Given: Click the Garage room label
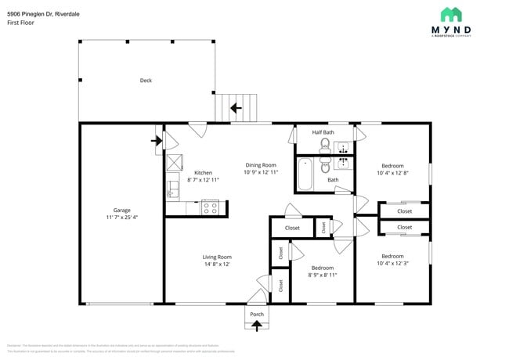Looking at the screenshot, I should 121,210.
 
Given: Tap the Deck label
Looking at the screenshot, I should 146,81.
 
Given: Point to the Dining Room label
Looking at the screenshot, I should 261,165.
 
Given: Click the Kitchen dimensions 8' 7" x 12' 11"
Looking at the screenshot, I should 203,180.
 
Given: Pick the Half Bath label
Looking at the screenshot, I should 323,132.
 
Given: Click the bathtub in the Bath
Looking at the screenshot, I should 305,175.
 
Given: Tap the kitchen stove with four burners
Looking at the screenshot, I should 210,207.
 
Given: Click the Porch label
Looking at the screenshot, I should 257,314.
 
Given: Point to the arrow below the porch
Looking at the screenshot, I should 257,326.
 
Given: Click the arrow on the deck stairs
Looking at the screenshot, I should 233,107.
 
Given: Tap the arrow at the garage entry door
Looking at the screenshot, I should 156,141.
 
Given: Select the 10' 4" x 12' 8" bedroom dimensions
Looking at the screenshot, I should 392,173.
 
